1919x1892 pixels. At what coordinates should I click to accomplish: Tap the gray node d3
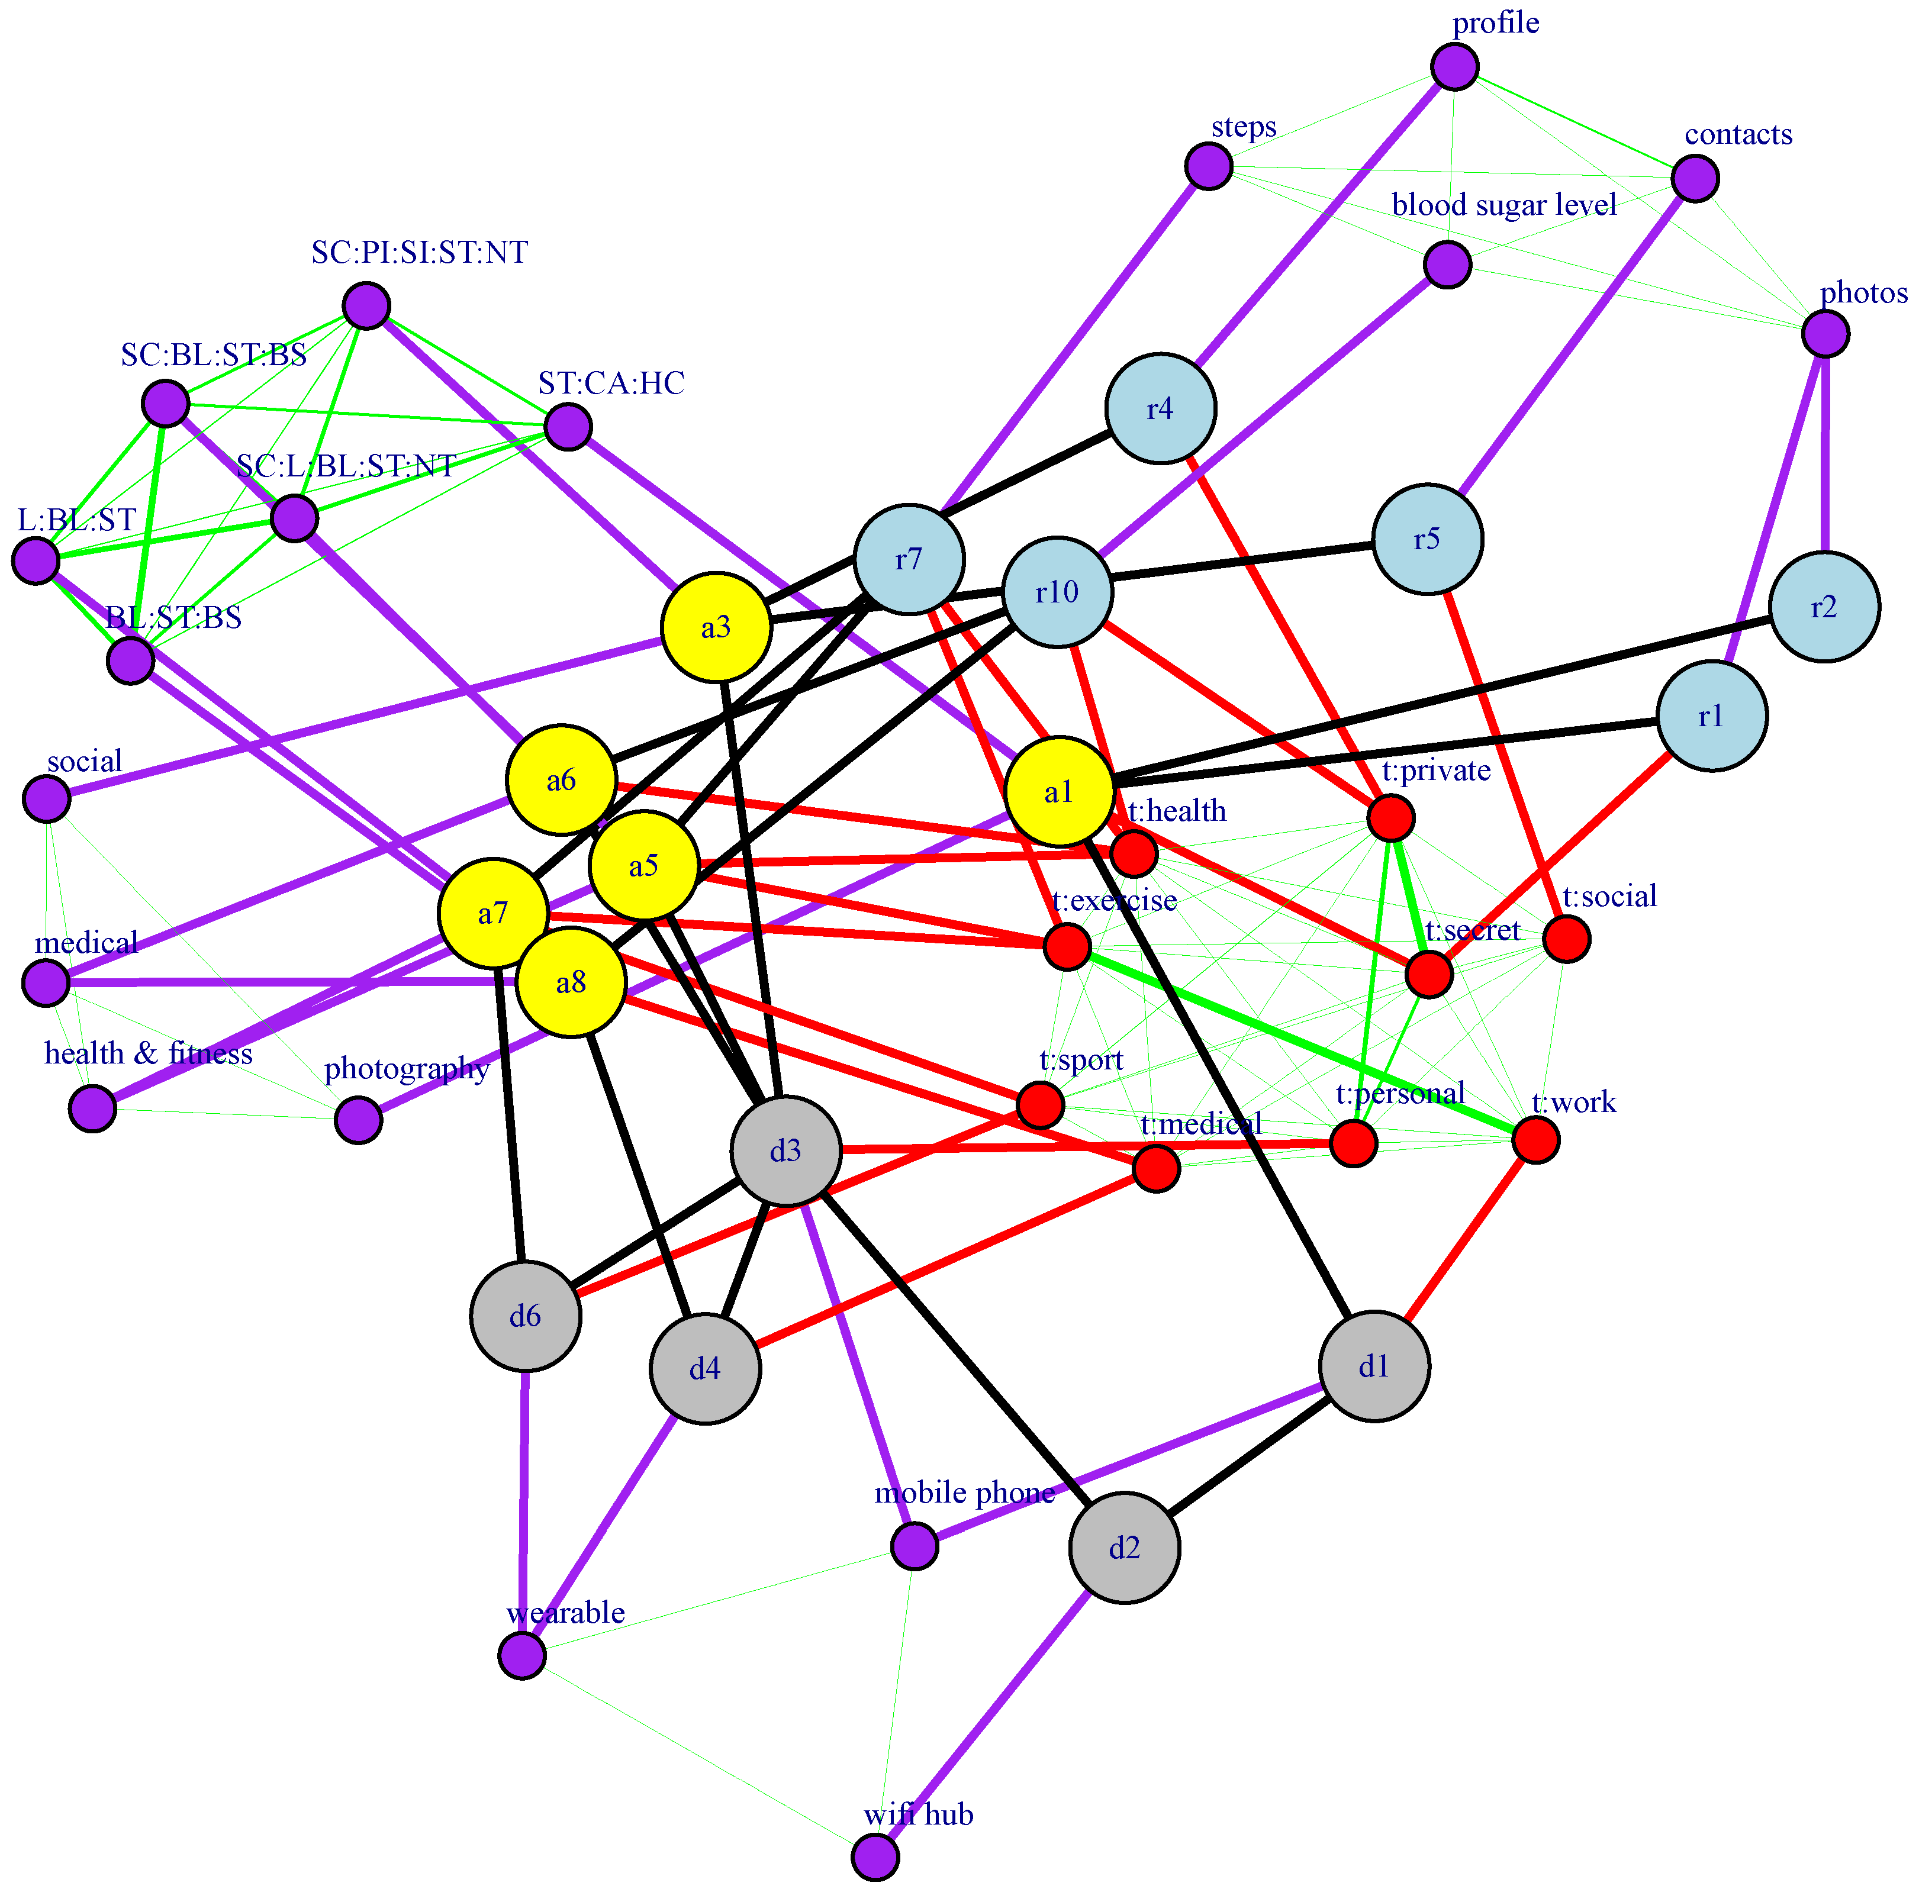click(785, 1151)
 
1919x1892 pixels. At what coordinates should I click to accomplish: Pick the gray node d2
click(1125, 1548)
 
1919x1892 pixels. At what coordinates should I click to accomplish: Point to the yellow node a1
click(1060, 792)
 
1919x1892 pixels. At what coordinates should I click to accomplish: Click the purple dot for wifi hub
click(875, 1856)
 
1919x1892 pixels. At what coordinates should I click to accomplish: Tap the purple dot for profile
click(1455, 67)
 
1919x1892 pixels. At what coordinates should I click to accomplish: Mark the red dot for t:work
click(1535, 1140)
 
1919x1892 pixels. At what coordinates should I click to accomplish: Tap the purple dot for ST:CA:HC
click(568, 427)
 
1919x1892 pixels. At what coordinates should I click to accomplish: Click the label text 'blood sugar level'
click(1504, 205)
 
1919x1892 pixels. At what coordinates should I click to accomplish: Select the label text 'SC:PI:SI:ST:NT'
click(419, 253)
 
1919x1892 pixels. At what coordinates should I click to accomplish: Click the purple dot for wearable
click(523, 1656)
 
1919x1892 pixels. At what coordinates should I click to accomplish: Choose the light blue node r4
click(1160, 408)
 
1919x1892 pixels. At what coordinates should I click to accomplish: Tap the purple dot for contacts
click(1695, 179)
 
